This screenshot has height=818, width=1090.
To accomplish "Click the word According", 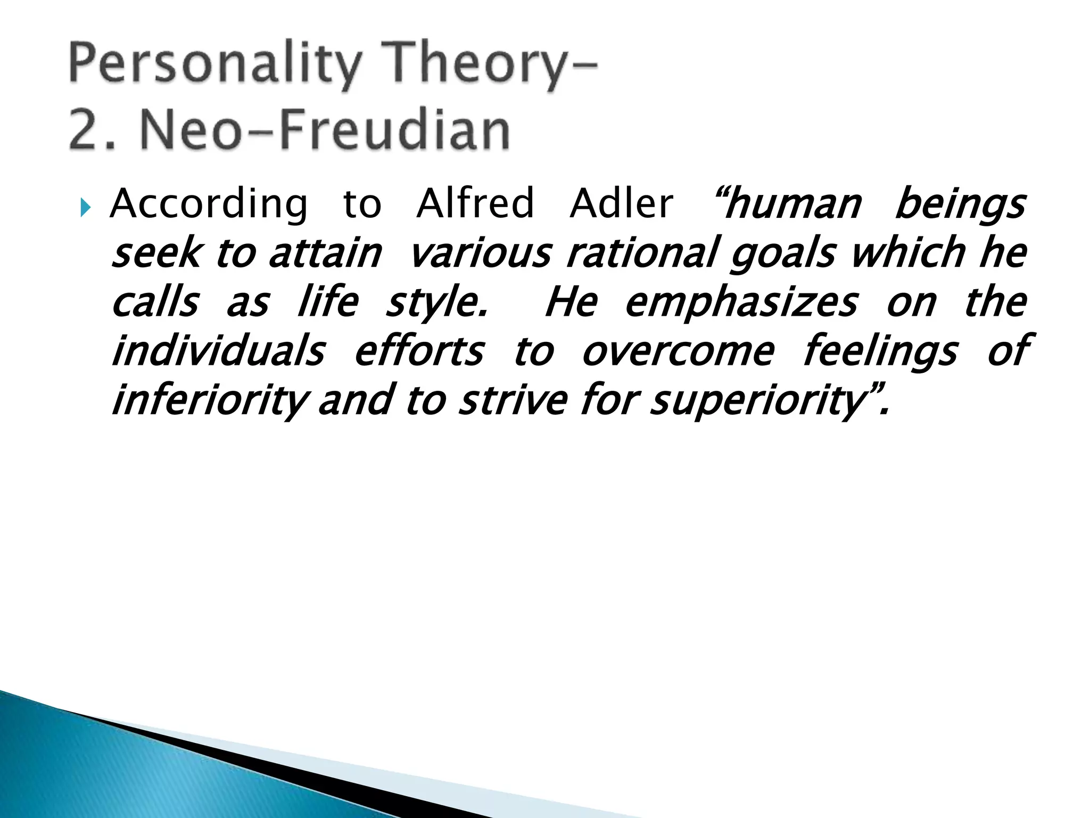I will click(209, 204).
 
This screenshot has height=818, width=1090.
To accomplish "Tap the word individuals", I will click(218, 351).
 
